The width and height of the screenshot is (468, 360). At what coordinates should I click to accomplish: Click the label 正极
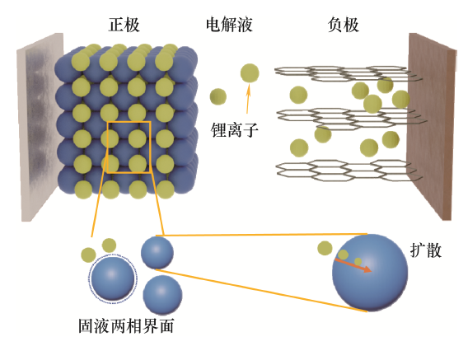[124, 25]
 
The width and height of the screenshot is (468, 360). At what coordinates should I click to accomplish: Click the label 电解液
[229, 25]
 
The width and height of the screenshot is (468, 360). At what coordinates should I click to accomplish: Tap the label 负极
[343, 25]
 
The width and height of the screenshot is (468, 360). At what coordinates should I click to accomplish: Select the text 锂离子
[234, 130]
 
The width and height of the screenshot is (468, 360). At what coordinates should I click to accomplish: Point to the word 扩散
[426, 250]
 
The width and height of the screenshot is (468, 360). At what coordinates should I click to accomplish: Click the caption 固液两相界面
[126, 325]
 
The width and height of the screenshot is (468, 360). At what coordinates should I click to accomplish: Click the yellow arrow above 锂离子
[248, 99]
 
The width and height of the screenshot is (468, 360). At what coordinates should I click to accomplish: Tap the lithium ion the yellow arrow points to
[250, 72]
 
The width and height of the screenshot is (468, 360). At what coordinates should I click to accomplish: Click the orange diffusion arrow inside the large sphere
[353, 265]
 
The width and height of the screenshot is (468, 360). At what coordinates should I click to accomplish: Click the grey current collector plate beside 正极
[40, 127]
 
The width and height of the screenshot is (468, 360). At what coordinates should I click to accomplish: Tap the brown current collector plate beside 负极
[431, 126]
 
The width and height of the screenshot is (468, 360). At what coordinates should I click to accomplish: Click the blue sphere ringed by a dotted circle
[113, 278]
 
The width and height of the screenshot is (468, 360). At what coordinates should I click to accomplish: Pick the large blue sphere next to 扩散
[370, 273]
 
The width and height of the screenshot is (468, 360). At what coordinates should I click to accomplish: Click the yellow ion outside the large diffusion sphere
[325, 248]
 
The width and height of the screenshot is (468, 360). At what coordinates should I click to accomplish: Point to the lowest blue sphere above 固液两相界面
[162, 294]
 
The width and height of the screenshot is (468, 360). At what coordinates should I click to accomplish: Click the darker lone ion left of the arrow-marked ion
[218, 96]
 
